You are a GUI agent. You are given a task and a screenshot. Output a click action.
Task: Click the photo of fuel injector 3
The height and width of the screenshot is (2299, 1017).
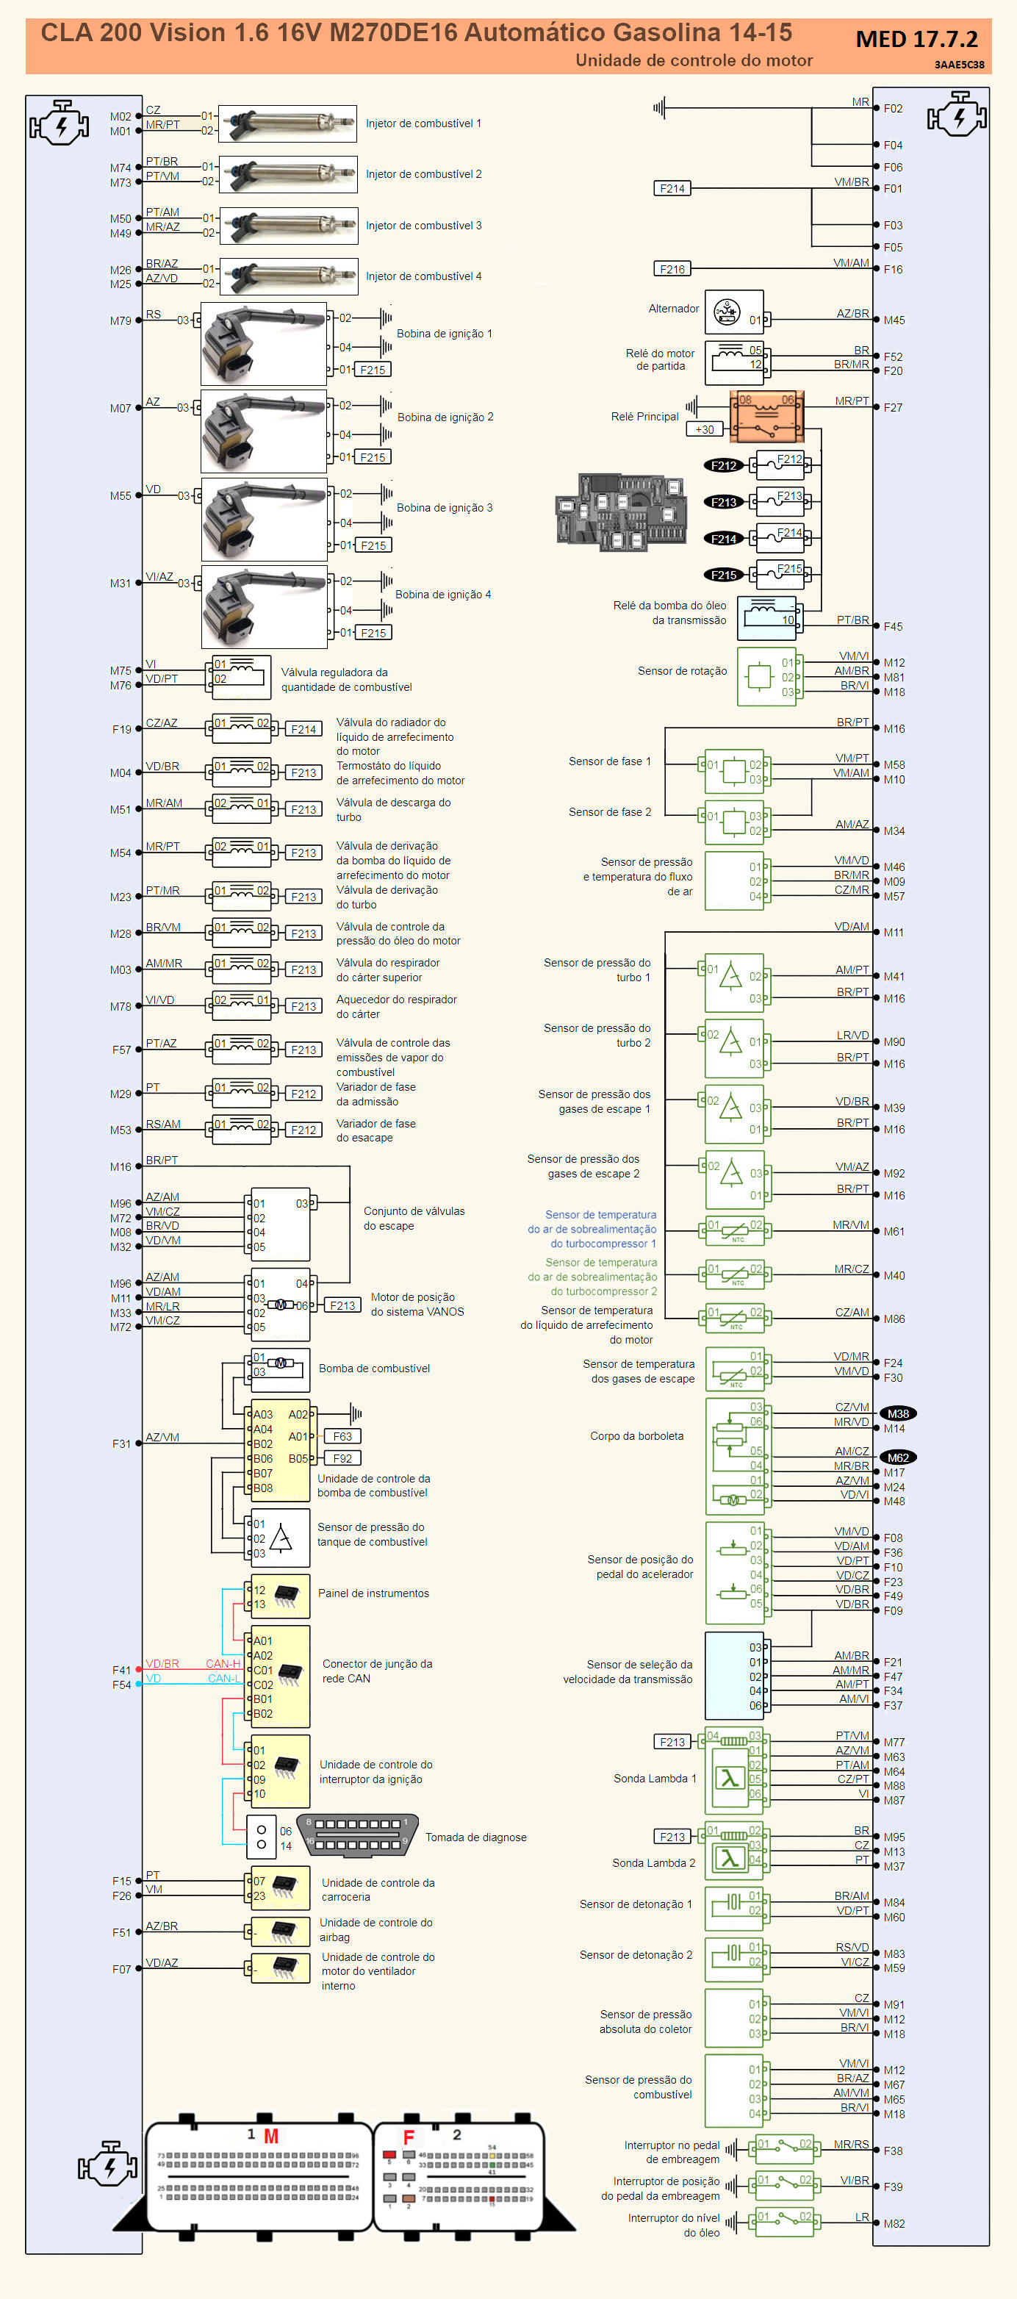click(x=287, y=226)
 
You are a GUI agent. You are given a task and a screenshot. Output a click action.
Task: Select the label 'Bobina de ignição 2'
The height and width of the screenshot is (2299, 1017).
click(x=445, y=417)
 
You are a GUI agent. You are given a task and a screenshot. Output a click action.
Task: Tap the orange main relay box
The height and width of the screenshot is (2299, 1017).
click(x=766, y=416)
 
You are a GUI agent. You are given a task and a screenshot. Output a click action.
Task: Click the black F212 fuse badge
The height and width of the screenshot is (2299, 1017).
click(x=724, y=466)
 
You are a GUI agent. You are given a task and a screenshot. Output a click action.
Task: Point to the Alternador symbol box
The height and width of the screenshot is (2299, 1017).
click(x=733, y=312)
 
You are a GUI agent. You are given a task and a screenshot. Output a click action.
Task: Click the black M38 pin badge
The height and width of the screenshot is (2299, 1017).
click(x=897, y=1413)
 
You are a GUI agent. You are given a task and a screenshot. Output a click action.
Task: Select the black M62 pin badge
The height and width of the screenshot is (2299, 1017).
click(x=897, y=1457)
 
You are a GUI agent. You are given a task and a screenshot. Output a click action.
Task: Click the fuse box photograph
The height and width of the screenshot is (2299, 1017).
click(x=622, y=512)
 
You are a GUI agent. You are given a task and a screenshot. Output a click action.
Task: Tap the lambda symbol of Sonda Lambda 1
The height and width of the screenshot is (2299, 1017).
click(x=730, y=1779)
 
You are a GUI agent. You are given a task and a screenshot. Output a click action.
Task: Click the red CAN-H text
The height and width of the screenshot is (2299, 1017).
click(x=223, y=1663)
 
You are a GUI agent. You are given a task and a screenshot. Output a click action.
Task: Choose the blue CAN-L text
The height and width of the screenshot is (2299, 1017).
click(x=223, y=1679)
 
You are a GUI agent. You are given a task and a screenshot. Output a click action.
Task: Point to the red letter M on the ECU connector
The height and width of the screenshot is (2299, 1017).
click(x=271, y=2136)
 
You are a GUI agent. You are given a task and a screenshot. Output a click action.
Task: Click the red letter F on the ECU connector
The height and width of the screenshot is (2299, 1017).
click(x=409, y=2137)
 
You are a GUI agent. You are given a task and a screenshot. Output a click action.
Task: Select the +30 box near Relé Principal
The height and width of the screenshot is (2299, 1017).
click(x=705, y=429)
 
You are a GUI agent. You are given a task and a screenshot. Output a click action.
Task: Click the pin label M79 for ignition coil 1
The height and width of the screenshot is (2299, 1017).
click(x=121, y=321)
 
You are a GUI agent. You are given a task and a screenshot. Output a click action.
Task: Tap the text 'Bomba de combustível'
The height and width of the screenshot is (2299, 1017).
click(x=374, y=1369)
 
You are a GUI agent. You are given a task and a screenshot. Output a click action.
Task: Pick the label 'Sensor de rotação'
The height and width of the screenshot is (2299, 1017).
click(x=682, y=671)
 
